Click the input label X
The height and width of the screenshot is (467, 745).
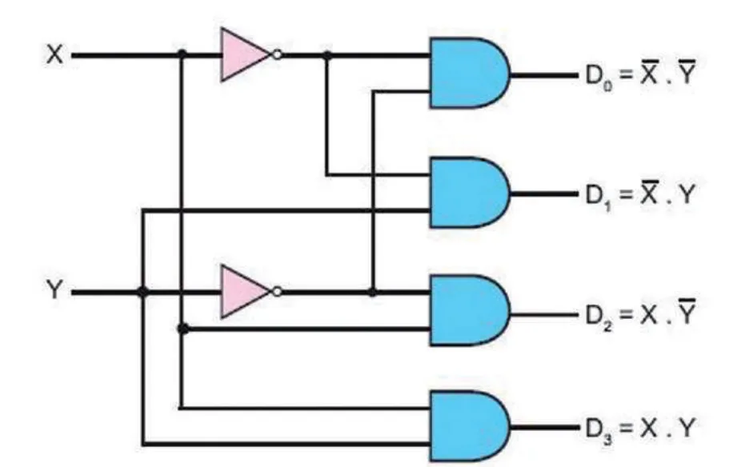click(54, 54)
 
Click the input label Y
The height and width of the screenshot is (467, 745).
click(54, 289)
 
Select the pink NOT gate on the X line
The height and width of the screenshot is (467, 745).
click(246, 54)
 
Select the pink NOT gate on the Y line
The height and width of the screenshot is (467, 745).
click(246, 291)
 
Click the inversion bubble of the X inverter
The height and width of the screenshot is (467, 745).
click(277, 54)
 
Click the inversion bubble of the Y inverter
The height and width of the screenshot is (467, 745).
click(277, 291)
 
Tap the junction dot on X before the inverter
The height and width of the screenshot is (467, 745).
click(182, 54)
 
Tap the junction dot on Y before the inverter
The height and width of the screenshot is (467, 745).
click(142, 292)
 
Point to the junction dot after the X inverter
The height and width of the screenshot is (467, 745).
click(326, 55)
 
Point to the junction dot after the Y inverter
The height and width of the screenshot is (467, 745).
click(373, 292)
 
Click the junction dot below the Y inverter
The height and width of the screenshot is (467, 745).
click(183, 328)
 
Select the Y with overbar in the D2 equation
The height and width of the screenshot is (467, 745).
click(687, 310)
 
